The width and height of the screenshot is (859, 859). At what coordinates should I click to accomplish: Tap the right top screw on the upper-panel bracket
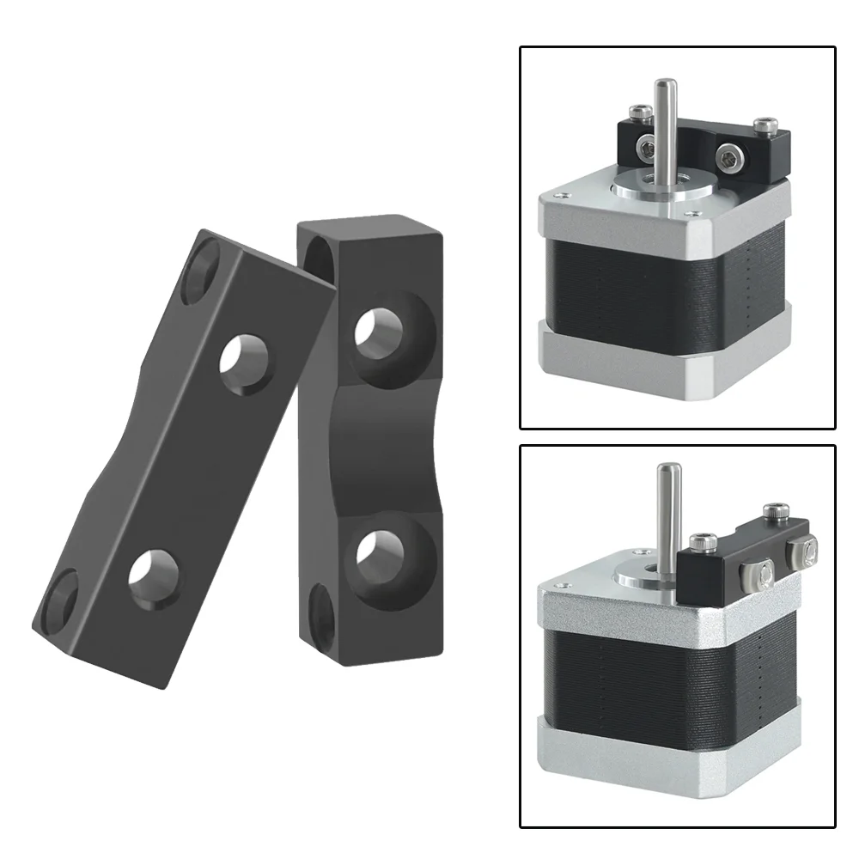click(766, 126)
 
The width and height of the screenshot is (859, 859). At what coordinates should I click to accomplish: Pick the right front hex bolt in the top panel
click(728, 158)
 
